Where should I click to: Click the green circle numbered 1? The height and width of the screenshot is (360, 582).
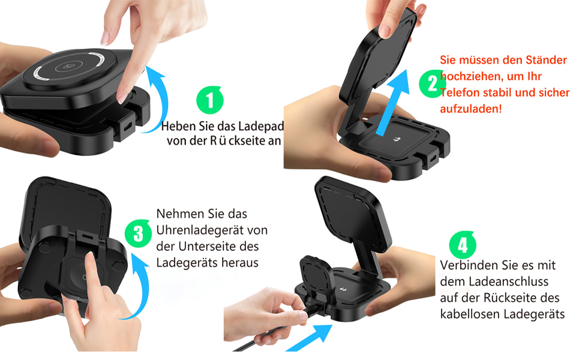pos(209,100)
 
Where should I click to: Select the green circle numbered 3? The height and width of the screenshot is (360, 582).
pos(138,233)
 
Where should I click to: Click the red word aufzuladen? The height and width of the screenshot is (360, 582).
pos(470,109)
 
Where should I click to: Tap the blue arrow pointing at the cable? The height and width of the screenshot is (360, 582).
pos(311,337)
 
